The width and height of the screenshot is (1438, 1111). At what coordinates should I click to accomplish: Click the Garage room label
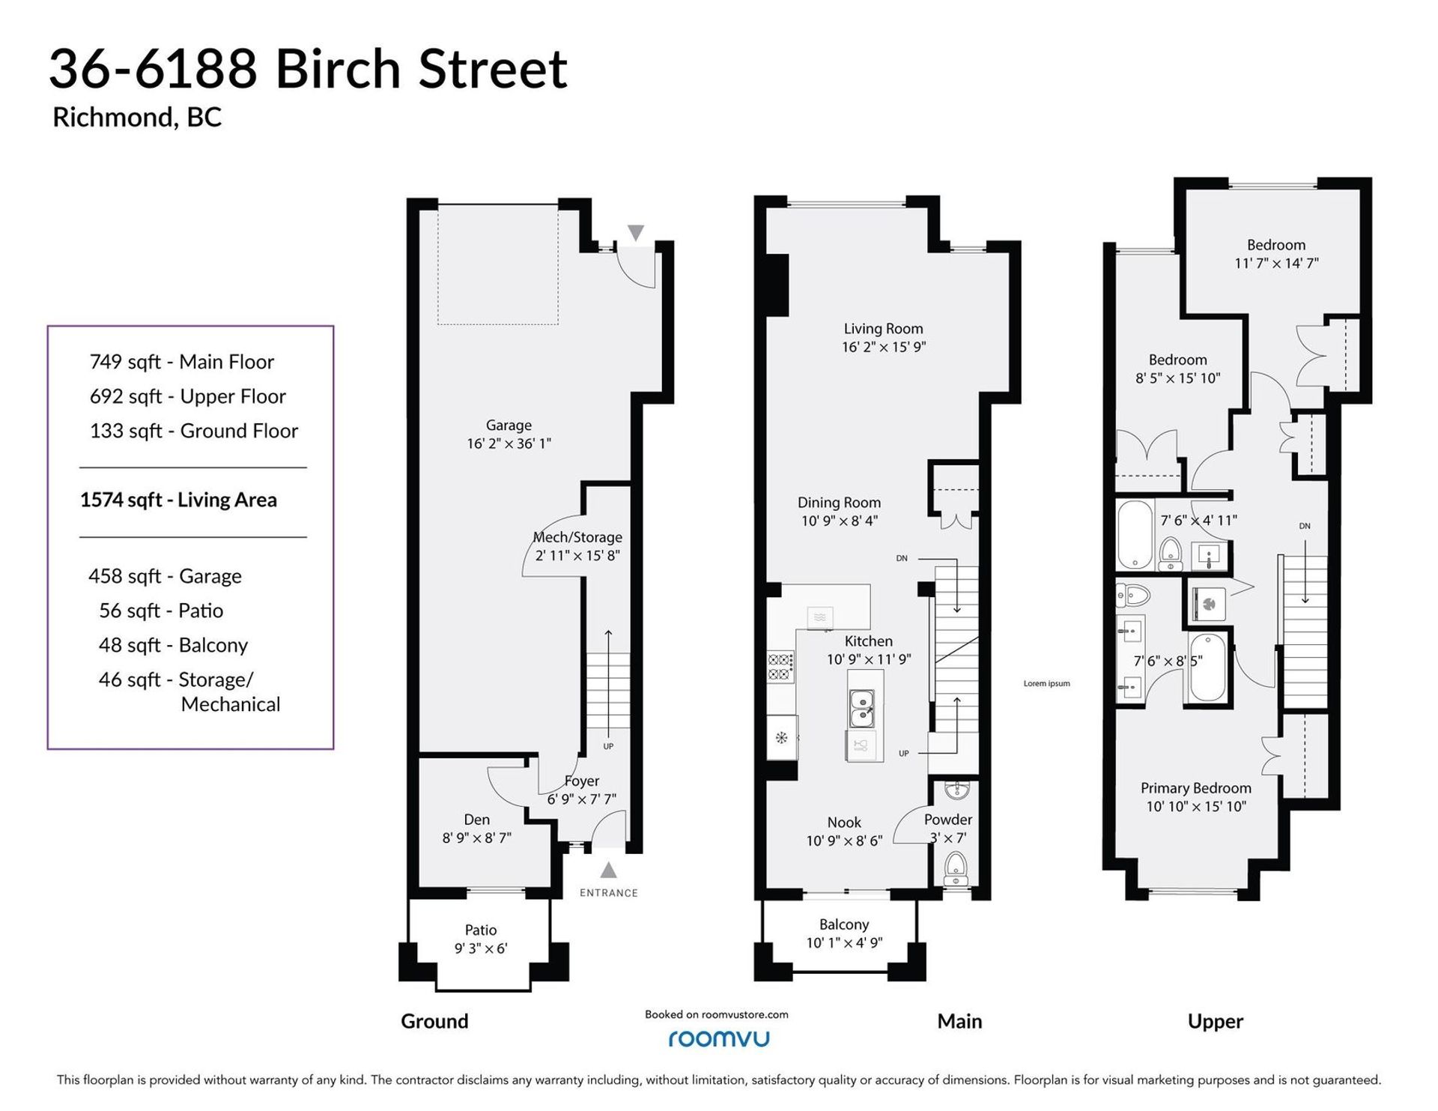tap(509, 426)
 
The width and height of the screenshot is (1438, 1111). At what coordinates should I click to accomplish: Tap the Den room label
tap(477, 820)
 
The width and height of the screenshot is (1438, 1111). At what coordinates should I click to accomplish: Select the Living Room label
tap(884, 329)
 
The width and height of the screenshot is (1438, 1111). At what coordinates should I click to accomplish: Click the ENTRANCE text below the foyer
tap(609, 893)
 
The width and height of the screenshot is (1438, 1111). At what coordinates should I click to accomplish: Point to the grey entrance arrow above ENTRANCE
tap(609, 870)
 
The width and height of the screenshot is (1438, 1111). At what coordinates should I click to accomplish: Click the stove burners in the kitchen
tap(780, 667)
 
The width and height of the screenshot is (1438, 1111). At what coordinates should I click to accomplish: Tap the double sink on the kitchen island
tap(862, 709)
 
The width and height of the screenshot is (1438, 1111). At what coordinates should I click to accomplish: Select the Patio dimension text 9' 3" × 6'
tap(481, 948)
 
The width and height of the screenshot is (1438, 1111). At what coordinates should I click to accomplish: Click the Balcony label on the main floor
tap(844, 924)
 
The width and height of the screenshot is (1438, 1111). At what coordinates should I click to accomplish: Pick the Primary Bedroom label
tap(1196, 788)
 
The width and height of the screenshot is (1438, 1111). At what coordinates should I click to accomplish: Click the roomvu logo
tap(718, 1038)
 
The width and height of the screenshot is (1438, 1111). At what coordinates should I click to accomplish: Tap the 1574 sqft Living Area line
tap(178, 500)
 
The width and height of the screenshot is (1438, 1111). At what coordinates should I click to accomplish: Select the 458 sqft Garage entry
tap(165, 576)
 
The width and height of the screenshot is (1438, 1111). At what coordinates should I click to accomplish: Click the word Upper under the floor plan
tap(1216, 1022)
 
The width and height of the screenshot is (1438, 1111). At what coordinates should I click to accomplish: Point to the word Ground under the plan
tap(434, 1021)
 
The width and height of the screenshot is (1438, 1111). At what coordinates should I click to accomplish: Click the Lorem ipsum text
tap(1047, 683)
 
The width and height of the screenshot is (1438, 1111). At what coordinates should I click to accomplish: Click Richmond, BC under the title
tap(137, 118)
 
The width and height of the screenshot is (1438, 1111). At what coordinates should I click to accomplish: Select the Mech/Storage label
tap(577, 537)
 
